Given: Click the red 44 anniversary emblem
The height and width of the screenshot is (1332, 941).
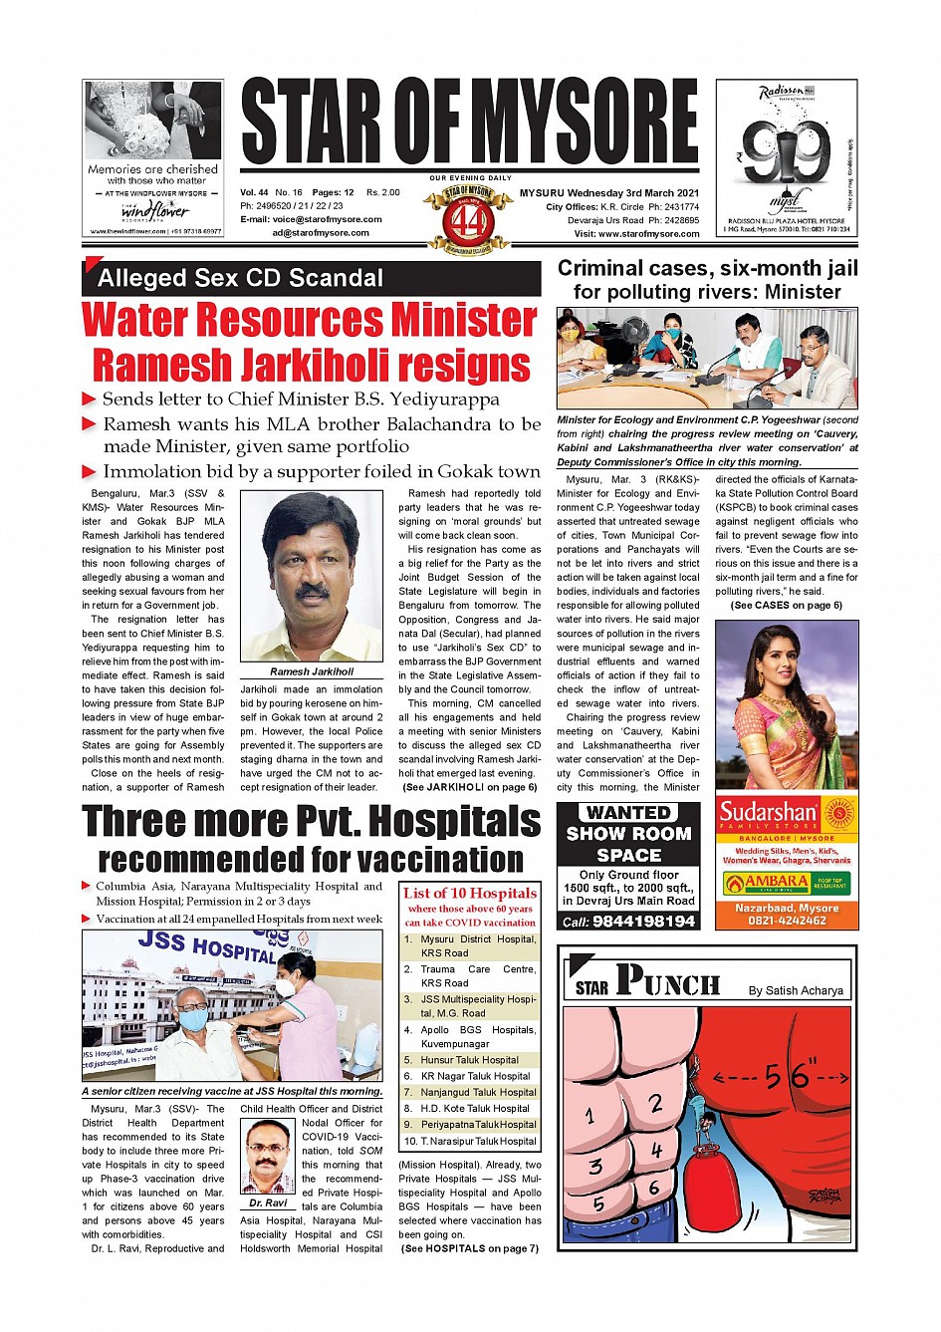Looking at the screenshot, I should [466, 219].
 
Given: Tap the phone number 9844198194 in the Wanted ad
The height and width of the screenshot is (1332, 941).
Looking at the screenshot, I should [642, 922].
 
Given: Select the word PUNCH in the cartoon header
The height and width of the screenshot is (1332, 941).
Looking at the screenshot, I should [668, 982].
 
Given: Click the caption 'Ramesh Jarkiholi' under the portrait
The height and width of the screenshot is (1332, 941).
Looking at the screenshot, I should [312, 671].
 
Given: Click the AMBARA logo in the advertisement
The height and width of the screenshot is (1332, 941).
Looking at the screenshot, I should [768, 883].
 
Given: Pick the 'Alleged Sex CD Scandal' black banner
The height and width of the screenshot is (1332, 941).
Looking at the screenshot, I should [312, 278].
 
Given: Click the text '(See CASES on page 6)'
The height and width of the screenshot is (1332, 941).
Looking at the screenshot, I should [786, 605].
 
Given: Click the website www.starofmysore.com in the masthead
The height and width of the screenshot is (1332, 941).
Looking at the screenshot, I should [648, 234].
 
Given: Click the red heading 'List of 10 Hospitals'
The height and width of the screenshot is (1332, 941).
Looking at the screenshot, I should [470, 894].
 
